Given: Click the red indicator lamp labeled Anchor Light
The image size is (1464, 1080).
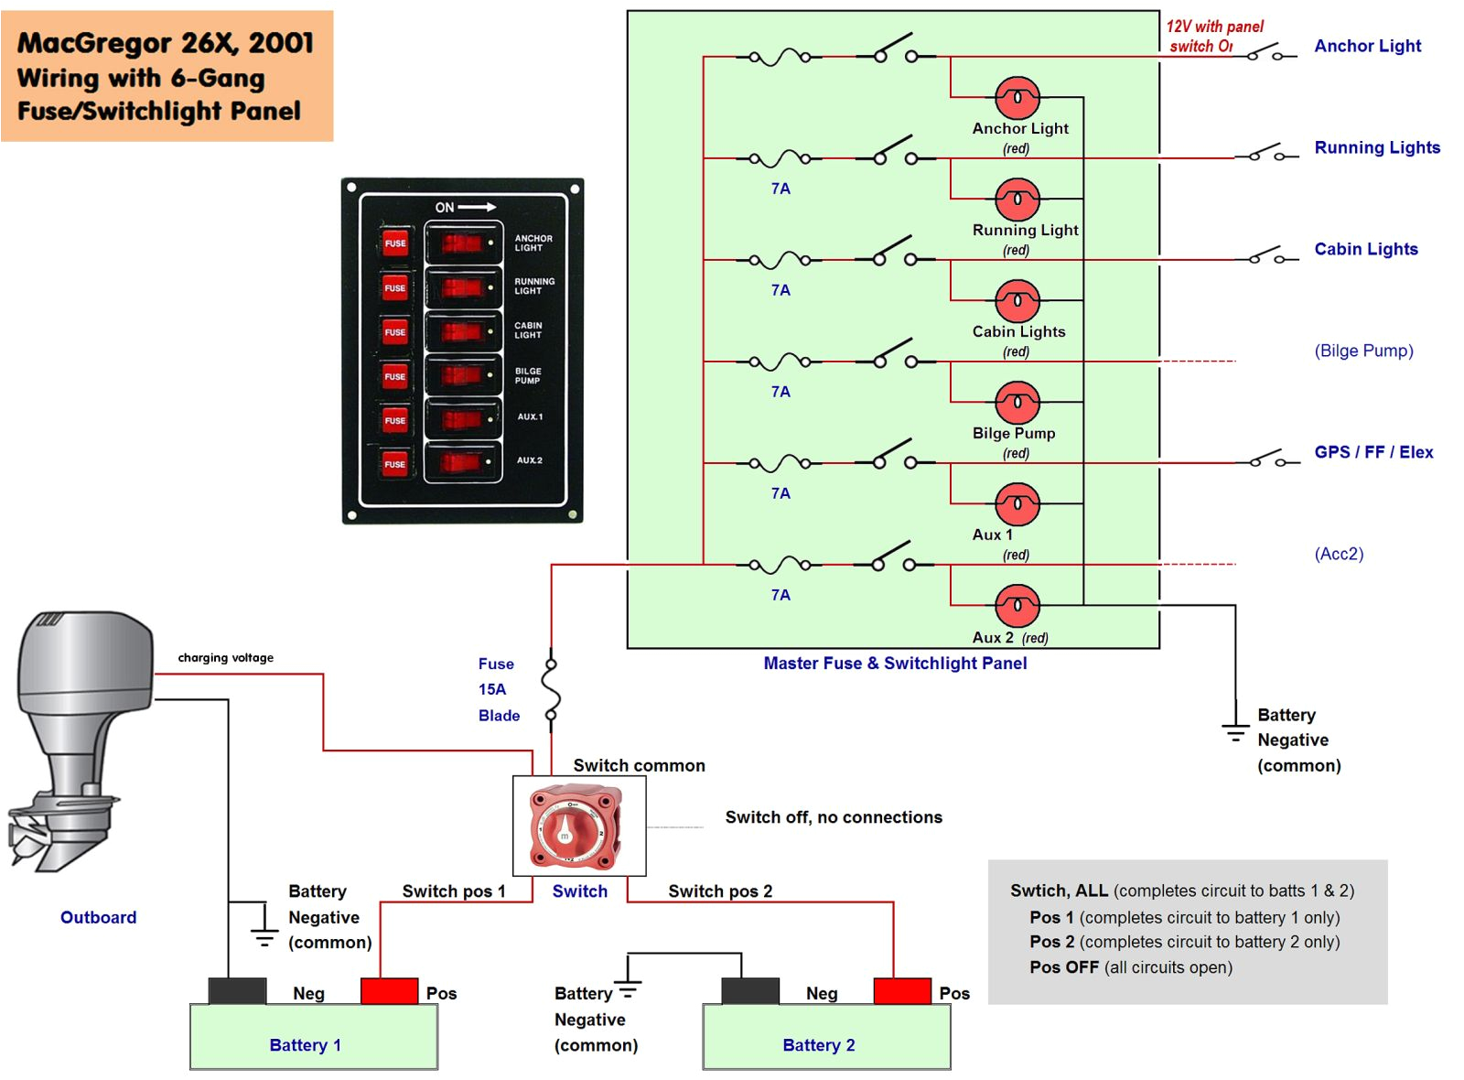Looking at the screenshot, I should (x=1017, y=97).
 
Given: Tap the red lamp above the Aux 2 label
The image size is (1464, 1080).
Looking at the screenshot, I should (x=1017, y=605).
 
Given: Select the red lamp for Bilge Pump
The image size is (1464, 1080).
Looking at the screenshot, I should (x=1017, y=402).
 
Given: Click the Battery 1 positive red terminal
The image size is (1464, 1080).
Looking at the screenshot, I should (x=389, y=991).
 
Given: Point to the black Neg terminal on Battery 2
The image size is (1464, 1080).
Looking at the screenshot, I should (x=749, y=991).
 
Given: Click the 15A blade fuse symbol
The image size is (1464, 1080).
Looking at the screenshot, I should (x=551, y=690).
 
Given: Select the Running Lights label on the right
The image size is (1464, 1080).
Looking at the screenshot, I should (x=1376, y=147).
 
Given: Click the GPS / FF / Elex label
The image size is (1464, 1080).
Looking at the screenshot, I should (x=1372, y=452).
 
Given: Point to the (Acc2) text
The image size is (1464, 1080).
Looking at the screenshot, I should (x=1339, y=554).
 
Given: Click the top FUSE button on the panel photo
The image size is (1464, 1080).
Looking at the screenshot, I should (x=394, y=243).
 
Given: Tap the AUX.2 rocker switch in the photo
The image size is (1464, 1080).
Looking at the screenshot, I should (x=463, y=462).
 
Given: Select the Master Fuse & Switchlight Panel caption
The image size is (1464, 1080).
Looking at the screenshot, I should (x=895, y=664).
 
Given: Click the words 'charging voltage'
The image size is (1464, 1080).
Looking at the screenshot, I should (x=225, y=657).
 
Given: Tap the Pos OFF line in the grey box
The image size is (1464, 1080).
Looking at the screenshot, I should (x=1130, y=967).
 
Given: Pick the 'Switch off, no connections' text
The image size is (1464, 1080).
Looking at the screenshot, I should (x=833, y=817).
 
